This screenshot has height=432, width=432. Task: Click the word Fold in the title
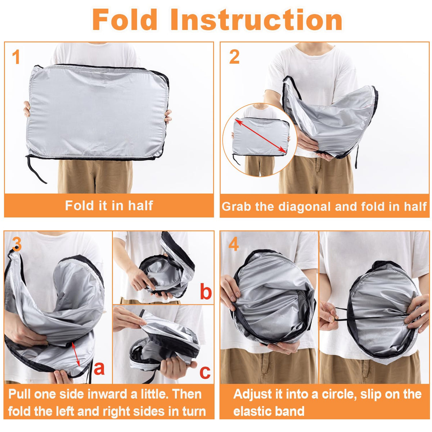(x=125, y=19)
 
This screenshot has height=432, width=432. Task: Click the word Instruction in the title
(x=256, y=19)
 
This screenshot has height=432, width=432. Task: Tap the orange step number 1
(x=16, y=57)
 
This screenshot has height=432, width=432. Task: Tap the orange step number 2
(x=234, y=57)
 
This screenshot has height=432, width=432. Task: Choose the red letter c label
(x=205, y=373)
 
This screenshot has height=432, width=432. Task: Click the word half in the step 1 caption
(x=140, y=205)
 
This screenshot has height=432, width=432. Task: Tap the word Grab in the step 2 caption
(x=236, y=207)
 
